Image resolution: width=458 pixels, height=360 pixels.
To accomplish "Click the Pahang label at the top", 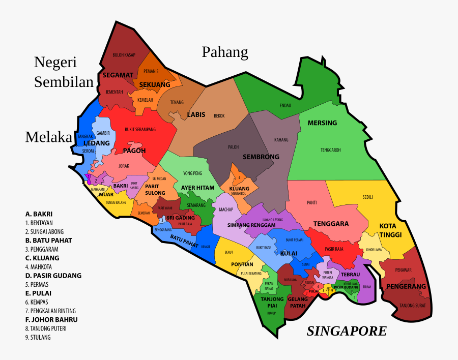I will pos(225,52).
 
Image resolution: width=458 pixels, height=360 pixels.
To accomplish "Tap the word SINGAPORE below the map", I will pos(346,332).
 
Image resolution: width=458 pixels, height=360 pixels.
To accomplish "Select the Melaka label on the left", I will pos(49,137).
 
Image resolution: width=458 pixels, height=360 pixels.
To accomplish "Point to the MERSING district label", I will pos(322,123).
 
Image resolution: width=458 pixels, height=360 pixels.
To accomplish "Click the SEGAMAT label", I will pos(118,75).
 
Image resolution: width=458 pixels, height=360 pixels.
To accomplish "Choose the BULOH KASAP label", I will pos(124,54).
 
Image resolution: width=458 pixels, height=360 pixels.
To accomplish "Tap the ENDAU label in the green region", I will pos(285,105).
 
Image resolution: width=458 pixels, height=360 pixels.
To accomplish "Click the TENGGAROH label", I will pos(330,150).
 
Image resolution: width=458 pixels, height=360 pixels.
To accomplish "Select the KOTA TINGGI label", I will pos(390,230).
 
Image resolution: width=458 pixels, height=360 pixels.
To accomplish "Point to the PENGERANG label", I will pos(406,286).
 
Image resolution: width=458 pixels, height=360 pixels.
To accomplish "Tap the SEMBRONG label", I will pos(261,157).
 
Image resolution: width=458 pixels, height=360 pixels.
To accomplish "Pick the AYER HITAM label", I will pos(197,188).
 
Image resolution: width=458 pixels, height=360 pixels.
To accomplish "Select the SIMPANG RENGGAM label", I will pos(251,225).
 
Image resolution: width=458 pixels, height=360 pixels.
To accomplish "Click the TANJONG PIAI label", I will pos(272,302).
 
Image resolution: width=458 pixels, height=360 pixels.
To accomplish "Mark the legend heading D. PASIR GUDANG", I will pos(53,276).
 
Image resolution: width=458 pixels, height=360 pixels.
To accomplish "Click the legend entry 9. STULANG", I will pos(40,337).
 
